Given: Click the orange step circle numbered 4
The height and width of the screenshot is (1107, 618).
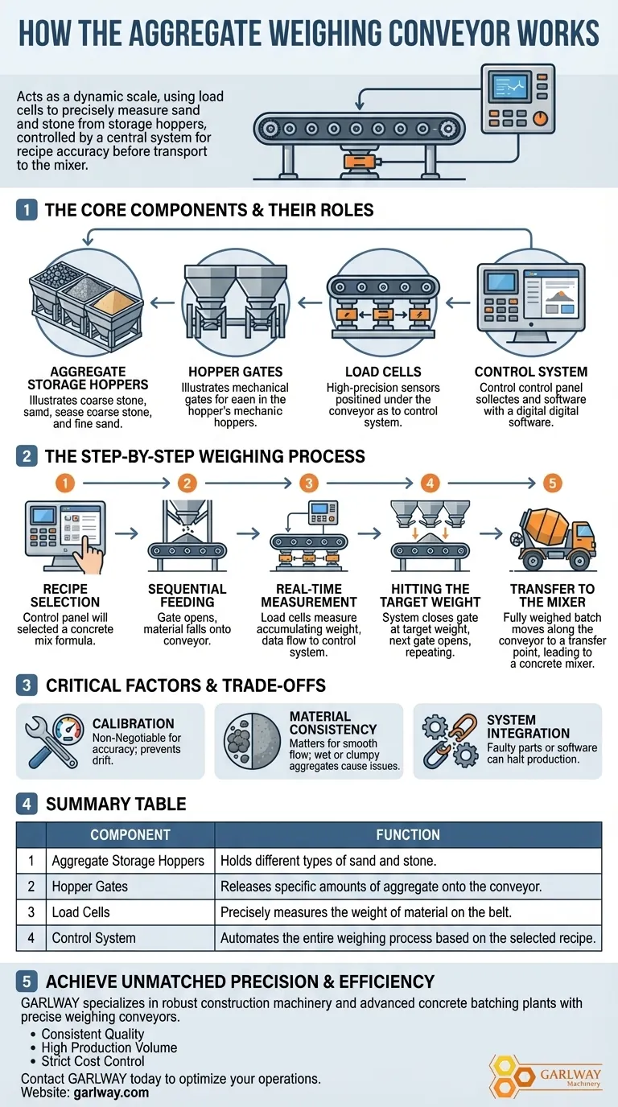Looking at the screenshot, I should click(x=431, y=484).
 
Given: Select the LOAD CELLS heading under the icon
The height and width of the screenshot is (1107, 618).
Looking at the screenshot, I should click(x=383, y=372).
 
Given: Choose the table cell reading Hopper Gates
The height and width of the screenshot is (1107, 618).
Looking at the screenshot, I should click(x=90, y=887).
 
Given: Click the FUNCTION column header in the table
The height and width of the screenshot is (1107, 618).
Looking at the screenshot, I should click(x=408, y=835).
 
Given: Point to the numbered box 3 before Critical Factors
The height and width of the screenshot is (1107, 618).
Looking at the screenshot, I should click(x=27, y=685).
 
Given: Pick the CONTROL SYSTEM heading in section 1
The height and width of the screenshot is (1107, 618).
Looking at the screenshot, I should click(x=531, y=372).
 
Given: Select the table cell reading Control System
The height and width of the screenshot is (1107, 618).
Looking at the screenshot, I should click(x=94, y=938).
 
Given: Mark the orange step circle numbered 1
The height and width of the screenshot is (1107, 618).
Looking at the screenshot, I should click(x=66, y=484).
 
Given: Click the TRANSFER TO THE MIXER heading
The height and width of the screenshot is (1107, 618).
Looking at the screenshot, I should click(x=553, y=595).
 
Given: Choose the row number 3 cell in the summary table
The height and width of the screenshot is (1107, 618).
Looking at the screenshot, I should click(x=31, y=912).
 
